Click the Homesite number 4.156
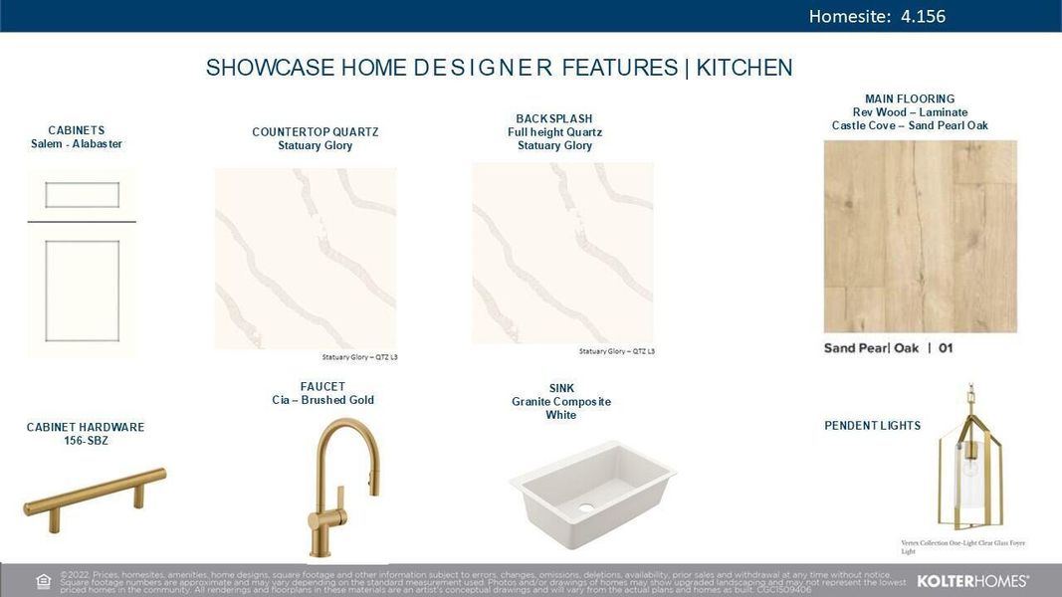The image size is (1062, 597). [x=922, y=16]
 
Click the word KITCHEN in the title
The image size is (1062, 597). [x=744, y=68]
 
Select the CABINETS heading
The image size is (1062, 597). [x=77, y=130]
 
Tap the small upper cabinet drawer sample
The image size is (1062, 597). [x=82, y=195]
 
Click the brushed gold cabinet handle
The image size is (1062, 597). [x=95, y=493]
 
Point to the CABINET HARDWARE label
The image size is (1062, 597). [x=86, y=427]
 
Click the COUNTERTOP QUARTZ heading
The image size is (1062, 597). [x=316, y=132]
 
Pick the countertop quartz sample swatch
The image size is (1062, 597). [x=306, y=258]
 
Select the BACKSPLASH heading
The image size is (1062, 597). [x=554, y=119]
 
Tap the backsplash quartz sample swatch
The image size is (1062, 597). [x=562, y=254]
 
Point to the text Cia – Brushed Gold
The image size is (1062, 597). [x=322, y=400]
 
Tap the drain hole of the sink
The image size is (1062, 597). [x=586, y=508]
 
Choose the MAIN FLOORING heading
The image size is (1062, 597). [x=910, y=99]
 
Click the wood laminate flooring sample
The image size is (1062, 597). [x=920, y=236]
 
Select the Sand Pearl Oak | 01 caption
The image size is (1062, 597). [x=888, y=348]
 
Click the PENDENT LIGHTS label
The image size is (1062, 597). [x=873, y=426]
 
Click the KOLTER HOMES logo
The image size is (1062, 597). [x=972, y=580]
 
